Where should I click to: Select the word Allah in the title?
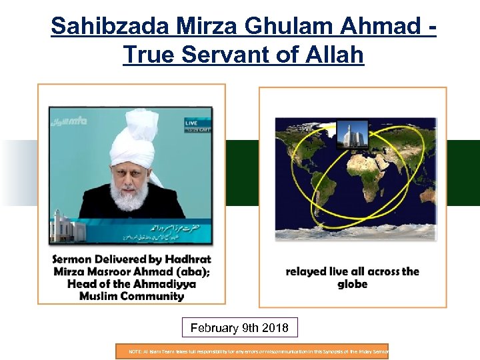click(332, 55)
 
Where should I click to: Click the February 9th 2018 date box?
click(239, 328)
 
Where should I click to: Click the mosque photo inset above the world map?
click(352, 137)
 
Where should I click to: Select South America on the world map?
click(303, 200)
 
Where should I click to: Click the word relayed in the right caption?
click(307, 272)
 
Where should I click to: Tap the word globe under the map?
click(352, 284)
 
